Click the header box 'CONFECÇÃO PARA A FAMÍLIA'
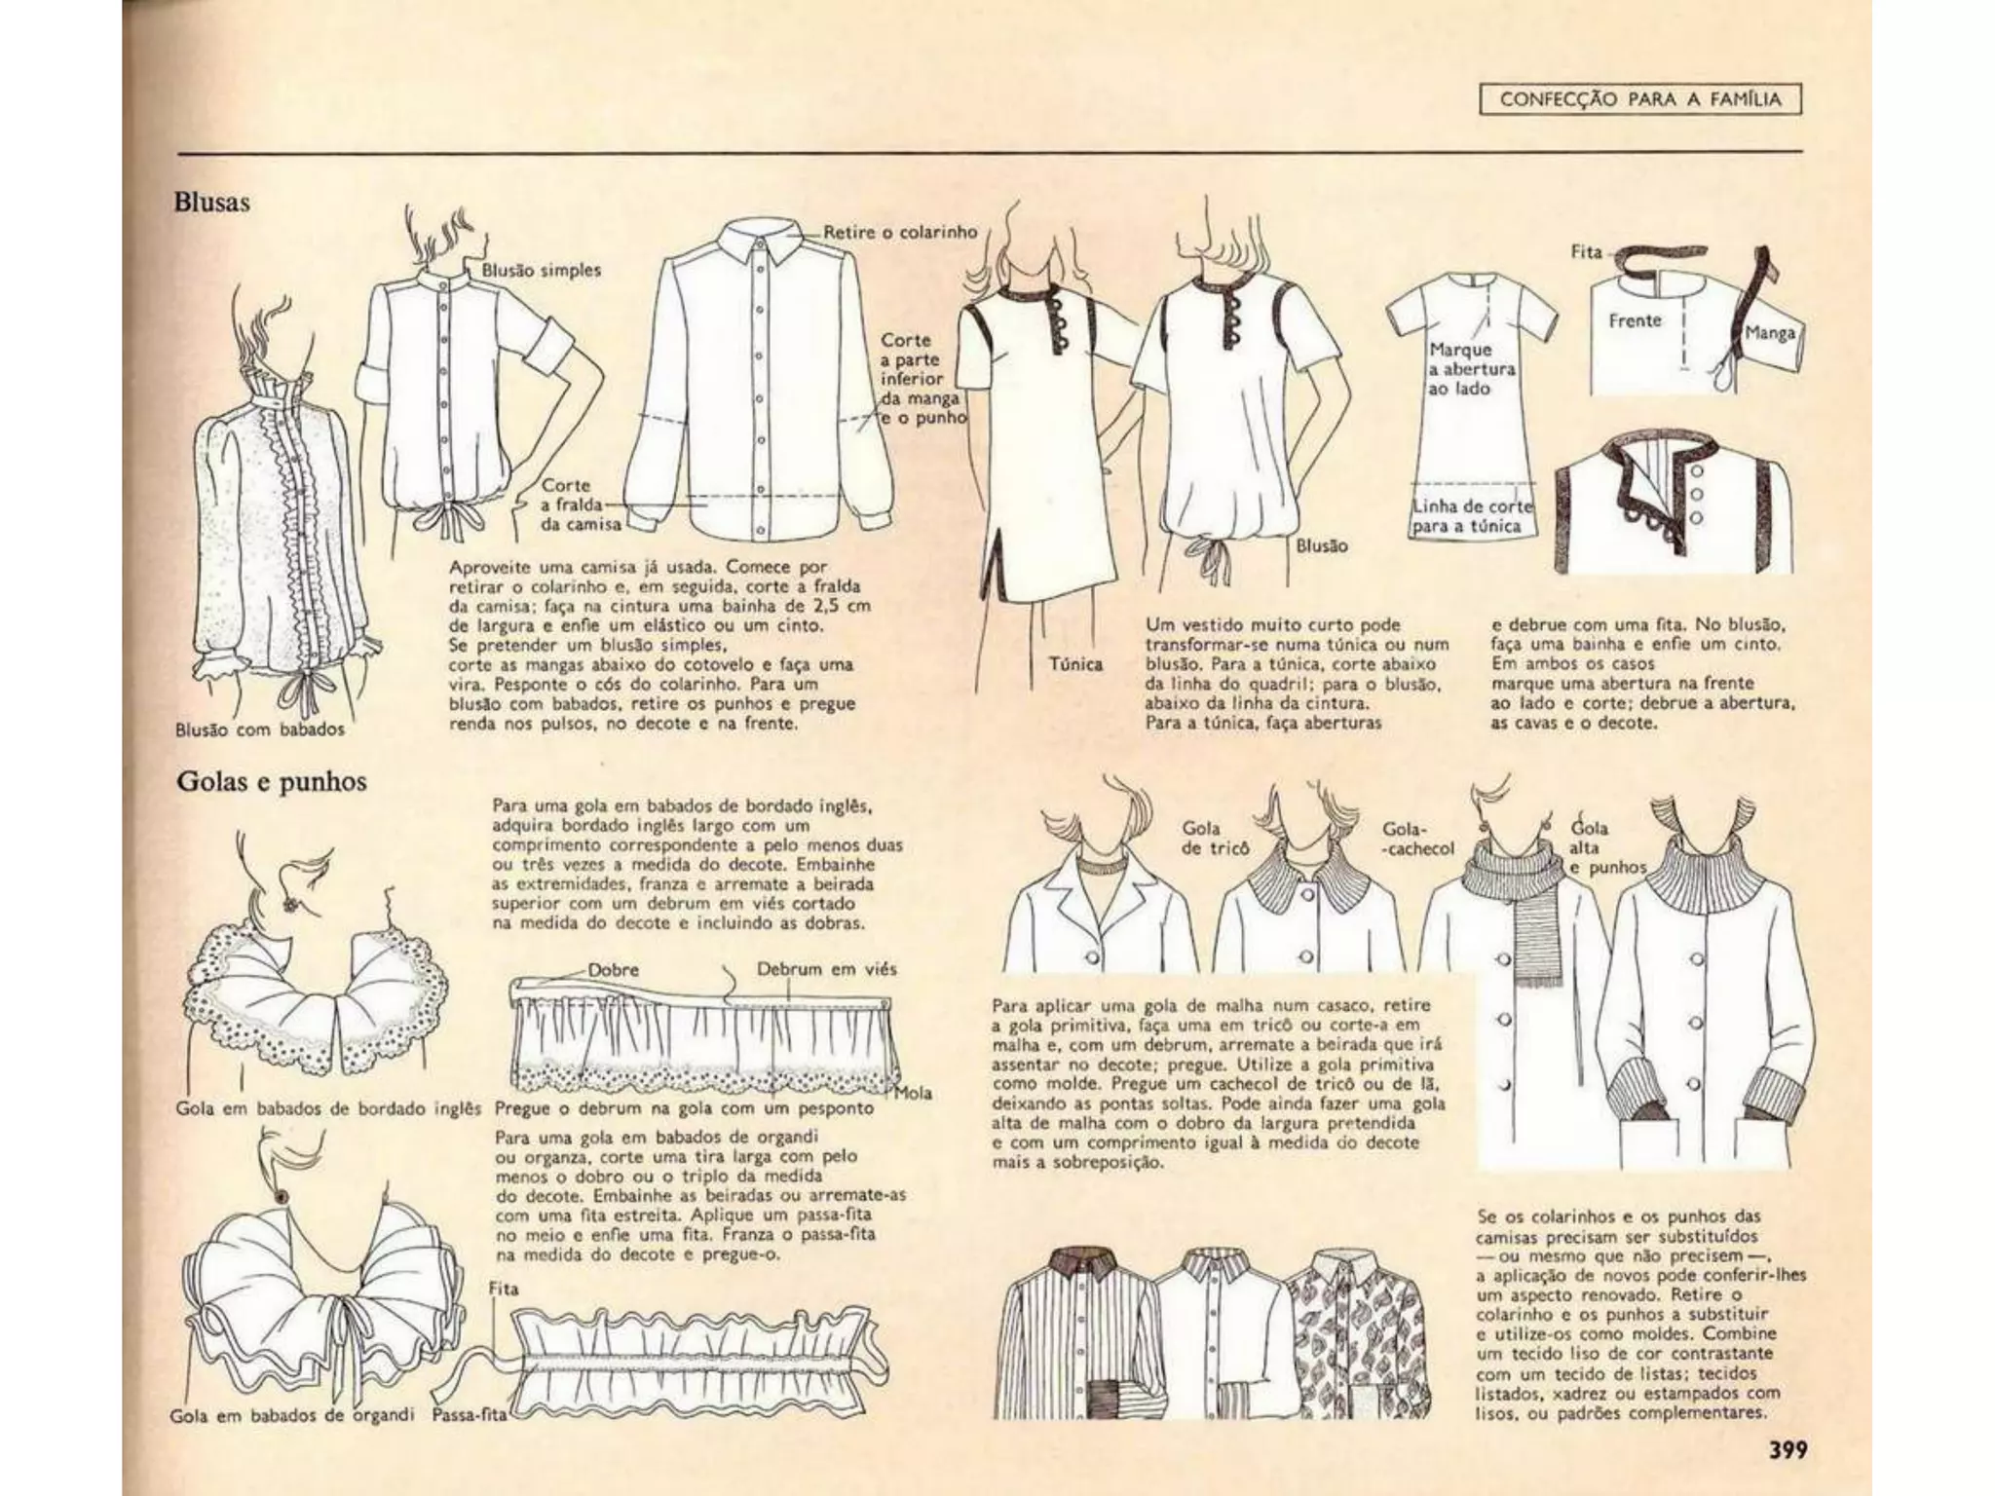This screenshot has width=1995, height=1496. coord(1640,99)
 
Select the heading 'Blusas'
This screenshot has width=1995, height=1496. coord(212,203)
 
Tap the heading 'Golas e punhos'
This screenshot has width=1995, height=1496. coord(272,782)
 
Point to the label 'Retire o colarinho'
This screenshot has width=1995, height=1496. coord(899,232)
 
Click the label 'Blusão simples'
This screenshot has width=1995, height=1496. coord(542,270)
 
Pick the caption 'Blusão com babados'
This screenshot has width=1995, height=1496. coord(260,729)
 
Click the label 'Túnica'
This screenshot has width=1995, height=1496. coord(1075,664)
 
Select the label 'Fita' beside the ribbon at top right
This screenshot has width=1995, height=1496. coord(1586,251)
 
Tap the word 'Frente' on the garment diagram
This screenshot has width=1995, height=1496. coord(1635,320)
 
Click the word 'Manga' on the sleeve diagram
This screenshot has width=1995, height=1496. coord(1769,333)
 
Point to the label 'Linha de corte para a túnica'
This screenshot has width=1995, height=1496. coord(1472,516)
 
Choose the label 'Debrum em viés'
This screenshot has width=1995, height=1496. coord(827,969)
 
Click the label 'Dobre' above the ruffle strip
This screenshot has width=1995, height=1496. coord(614,970)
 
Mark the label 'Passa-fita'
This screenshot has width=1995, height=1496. coord(470,1415)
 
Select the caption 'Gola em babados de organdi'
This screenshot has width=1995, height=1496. coord(292,1415)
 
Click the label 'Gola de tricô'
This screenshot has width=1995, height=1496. coord(1215,838)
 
